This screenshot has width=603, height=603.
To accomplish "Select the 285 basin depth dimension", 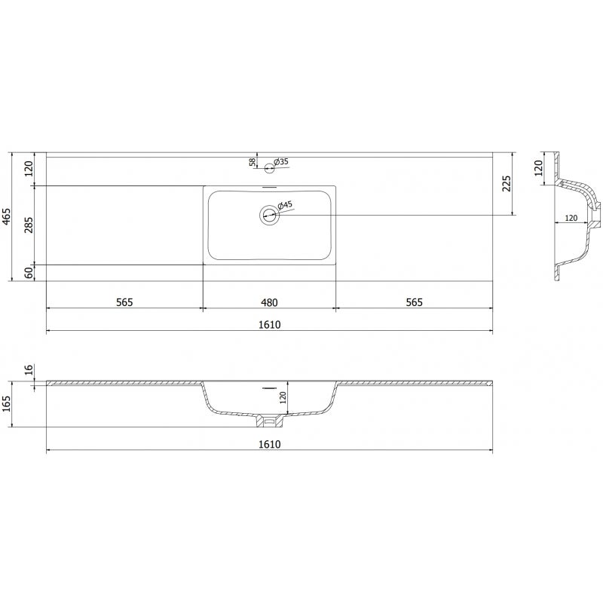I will point(29,225).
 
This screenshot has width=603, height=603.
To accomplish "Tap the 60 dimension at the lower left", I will point(29,273).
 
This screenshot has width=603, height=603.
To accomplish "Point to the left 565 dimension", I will point(124,302).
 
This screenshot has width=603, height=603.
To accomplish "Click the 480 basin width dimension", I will point(269,302).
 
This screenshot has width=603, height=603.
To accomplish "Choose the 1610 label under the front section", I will point(269,445).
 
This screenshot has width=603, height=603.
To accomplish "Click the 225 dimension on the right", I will point(507,183).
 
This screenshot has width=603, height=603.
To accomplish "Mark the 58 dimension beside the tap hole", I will point(252,161).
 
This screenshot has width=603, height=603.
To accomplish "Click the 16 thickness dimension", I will point(29,369).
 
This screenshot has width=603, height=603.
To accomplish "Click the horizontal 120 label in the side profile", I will point(571,218).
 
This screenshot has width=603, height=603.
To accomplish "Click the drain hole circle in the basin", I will point(269,216).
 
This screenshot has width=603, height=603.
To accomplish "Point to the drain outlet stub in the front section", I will point(269,418).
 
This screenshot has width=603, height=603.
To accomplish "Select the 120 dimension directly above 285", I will point(29,168).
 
